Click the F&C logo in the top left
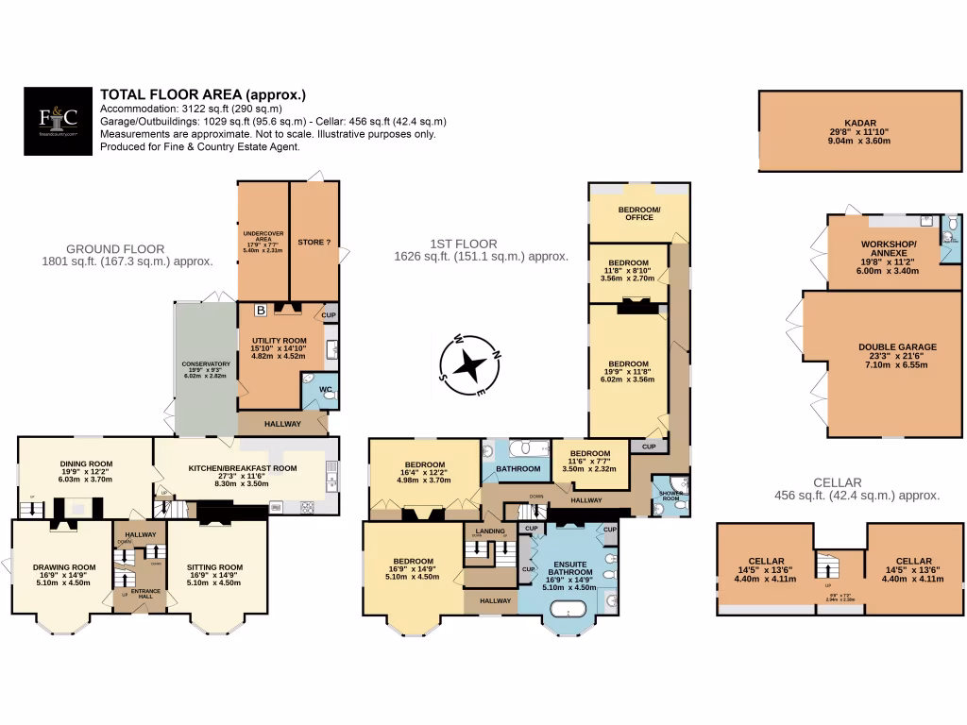(x=58, y=119)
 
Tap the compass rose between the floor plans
(x=468, y=363)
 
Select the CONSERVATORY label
(x=205, y=364)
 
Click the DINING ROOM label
(x=86, y=463)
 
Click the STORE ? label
(x=313, y=243)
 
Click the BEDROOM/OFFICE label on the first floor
(x=639, y=212)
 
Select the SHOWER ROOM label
(x=670, y=496)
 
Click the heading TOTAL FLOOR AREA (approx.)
(x=203, y=94)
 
